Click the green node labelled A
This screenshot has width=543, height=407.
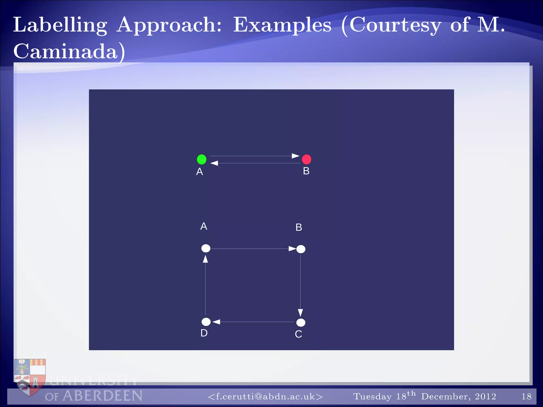tap(202, 159)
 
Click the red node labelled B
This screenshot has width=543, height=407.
tap(306, 159)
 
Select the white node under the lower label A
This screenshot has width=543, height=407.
tap(206, 248)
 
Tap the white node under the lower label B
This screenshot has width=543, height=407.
tap(301, 249)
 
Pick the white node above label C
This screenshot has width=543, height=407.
tap(301, 322)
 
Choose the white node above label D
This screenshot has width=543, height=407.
tap(206, 322)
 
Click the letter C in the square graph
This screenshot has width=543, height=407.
tap(298, 334)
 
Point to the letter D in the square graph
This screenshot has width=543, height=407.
tap(204, 333)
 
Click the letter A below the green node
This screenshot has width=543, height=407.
tap(200, 172)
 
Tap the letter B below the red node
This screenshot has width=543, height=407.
tap(306, 171)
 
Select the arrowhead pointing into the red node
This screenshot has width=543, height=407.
tap(295, 156)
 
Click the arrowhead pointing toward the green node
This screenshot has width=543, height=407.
tap(214, 163)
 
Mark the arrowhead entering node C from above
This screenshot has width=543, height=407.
tap(300, 312)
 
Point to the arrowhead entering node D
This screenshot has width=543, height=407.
tap(216, 322)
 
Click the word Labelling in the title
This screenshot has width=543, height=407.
tap(60, 25)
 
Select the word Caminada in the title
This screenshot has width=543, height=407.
tap(65, 51)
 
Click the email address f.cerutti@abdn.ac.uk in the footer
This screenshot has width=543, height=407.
tap(265, 396)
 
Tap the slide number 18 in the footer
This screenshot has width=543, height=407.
tap(526, 396)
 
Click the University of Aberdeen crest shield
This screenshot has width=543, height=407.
tap(30, 376)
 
